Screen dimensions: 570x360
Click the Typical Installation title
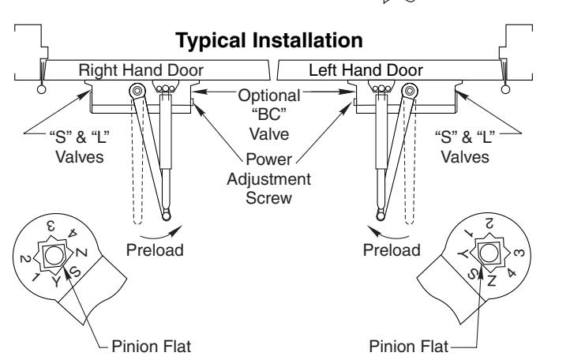tap(269, 41)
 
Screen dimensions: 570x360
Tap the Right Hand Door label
tap(141, 70)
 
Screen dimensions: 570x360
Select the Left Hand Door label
tap(366, 70)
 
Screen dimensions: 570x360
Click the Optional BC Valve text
tap(269, 115)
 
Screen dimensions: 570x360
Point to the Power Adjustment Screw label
tap(269, 179)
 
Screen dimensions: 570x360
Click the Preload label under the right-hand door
tap(155, 250)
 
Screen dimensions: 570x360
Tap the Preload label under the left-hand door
tap(392, 250)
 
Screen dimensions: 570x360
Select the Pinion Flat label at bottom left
tap(152, 346)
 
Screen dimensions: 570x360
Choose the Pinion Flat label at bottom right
tap(409, 346)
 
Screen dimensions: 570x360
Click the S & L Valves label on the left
tap(80, 147)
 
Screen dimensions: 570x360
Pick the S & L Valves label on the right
tap(465, 147)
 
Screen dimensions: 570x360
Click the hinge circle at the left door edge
tap(41, 89)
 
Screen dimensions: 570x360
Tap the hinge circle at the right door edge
tap(505, 89)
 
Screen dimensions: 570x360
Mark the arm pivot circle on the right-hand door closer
tap(137, 91)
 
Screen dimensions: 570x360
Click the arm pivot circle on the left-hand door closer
tap(410, 91)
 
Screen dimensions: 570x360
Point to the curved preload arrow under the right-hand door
tap(160, 235)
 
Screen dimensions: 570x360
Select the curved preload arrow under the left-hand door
tap(388, 235)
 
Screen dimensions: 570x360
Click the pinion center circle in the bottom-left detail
tap(54, 254)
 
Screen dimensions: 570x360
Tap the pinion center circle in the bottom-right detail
tap(487, 253)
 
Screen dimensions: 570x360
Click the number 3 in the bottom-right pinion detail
tap(520, 252)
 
